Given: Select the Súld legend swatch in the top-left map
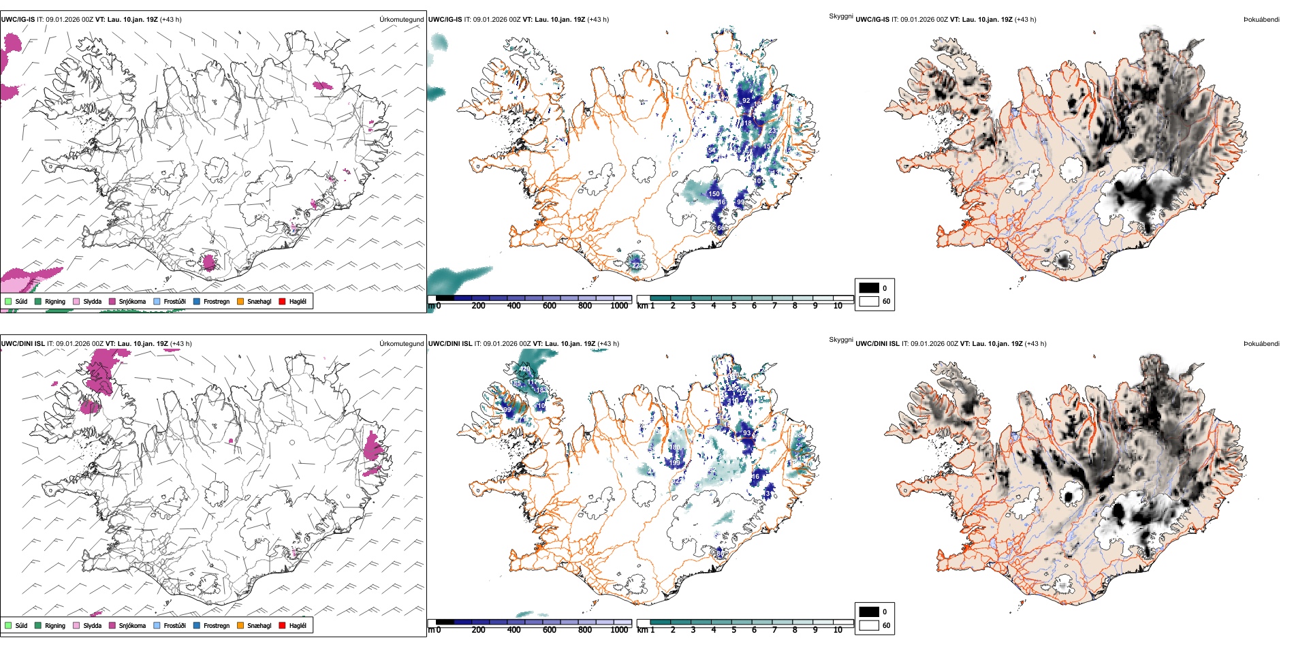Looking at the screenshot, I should [x=8, y=301].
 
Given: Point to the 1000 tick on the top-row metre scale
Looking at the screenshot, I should [x=619, y=306].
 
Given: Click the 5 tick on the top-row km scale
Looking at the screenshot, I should [x=733, y=306].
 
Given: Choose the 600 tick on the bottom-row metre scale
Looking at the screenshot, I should [x=550, y=630].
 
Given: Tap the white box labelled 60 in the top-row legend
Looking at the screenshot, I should [x=869, y=301].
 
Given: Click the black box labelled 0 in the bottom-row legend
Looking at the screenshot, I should [x=869, y=612].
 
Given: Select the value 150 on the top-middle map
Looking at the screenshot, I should [x=714, y=194].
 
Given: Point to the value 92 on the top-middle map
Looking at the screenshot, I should [x=746, y=101].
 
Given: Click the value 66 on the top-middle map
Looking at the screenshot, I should [x=721, y=228].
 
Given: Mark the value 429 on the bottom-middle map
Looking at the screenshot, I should [x=524, y=369].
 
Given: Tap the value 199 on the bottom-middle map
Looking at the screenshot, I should [x=674, y=463].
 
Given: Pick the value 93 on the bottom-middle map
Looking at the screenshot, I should [x=746, y=433].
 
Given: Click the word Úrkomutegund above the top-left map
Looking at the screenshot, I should [x=401, y=20].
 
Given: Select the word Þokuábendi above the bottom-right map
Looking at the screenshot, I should [x=1261, y=344].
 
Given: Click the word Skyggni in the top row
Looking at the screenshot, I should [x=840, y=16].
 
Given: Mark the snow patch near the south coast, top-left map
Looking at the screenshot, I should [x=209, y=262].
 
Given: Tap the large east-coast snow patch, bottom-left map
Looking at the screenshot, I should [x=373, y=447].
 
